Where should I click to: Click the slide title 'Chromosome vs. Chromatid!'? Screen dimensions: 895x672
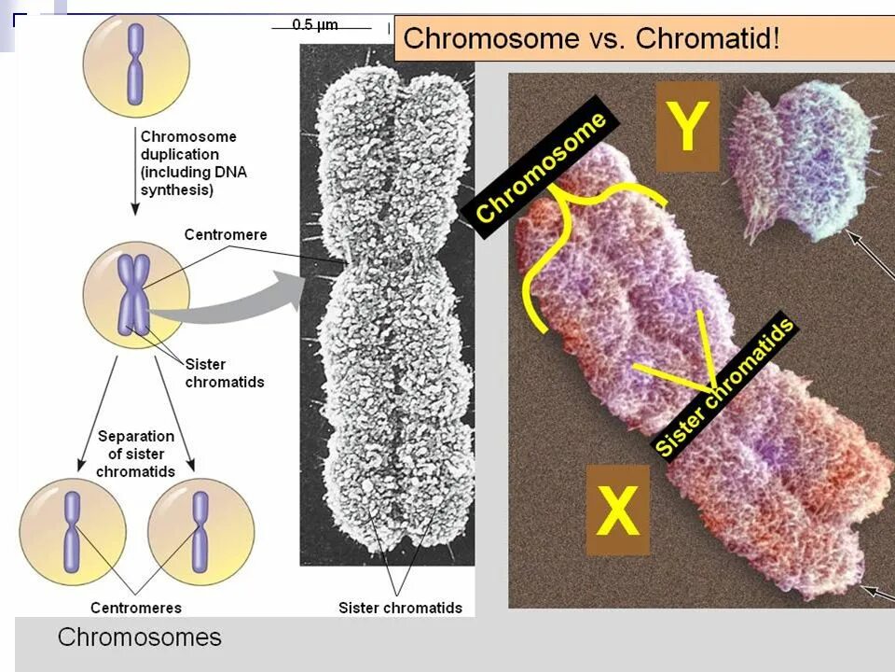(x=591, y=39)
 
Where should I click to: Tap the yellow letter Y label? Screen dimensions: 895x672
(x=687, y=126)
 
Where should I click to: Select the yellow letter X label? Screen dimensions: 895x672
(x=617, y=511)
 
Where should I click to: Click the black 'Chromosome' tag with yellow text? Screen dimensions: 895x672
(x=541, y=168)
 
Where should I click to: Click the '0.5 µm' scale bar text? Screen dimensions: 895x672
(x=315, y=25)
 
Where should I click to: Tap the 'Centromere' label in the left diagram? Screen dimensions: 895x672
(x=226, y=234)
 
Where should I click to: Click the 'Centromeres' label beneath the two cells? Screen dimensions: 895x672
(x=136, y=608)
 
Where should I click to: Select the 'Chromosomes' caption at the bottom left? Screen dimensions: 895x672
(x=140, y=637)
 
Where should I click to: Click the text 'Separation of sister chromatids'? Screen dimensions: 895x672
(x=136, y=453)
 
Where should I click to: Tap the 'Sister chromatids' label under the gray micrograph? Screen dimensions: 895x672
(x=400, y=608)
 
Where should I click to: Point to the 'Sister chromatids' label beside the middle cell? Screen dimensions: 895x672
(x=224, y=372)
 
